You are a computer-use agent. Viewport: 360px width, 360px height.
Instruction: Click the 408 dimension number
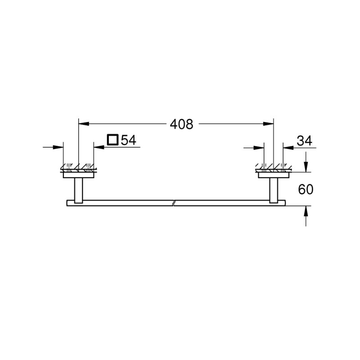pyautogui.click(x=181, y=124)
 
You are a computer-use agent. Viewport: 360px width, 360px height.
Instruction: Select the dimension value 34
pyautogui.click(x=304, y=141)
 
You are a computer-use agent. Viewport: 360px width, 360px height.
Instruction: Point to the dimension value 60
pyautogui.click(x=305, y=189)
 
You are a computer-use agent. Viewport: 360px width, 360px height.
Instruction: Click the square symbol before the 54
pyautogui.click(x=112, y=140)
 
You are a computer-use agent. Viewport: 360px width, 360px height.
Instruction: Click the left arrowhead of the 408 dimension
pyautogui.click(x=82, y=124)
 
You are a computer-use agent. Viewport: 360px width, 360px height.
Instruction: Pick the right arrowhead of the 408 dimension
pyautogui.click(x=270, y=124)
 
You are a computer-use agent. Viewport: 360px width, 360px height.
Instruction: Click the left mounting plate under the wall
pyautogui.click(x=78, y=175)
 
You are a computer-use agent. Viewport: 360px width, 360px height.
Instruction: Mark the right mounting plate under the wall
pyautogui.click(x=274, y=175)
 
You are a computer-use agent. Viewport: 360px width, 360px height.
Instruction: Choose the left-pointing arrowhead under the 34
pyautogui.click(x=286, y=147)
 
